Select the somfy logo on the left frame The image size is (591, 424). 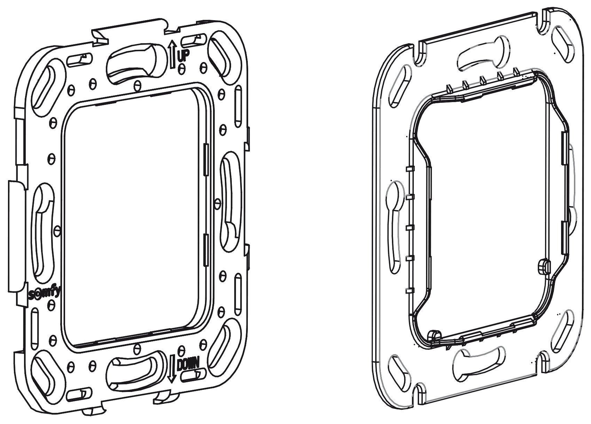click(44, 293)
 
